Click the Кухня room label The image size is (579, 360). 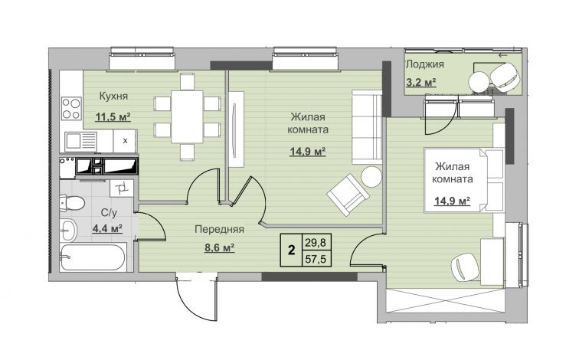tap(113, 96)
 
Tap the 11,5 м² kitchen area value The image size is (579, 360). tap(113, 117)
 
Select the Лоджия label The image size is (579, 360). tap(424, 64)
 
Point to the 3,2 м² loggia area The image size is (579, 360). tap(421, 82)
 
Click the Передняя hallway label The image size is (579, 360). tap(219, 229)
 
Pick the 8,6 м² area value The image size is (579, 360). tap(220, 247)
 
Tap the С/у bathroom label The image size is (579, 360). tap(109, 213)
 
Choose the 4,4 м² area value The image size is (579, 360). tap(107, 229)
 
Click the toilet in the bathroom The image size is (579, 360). tap(72, 203)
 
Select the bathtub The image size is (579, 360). tap(93, 257)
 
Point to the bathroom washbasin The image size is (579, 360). tap(68, 230)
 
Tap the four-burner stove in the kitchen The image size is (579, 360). tap(71, 108)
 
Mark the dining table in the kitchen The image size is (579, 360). tap(187, 116)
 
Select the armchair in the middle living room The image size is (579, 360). tap(348, 195)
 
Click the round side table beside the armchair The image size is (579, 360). tap(371, 177)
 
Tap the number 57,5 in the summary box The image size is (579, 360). tap(316, 259)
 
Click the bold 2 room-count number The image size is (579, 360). tap(291, 250)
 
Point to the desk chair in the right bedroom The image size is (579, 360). tap(465, 267)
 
